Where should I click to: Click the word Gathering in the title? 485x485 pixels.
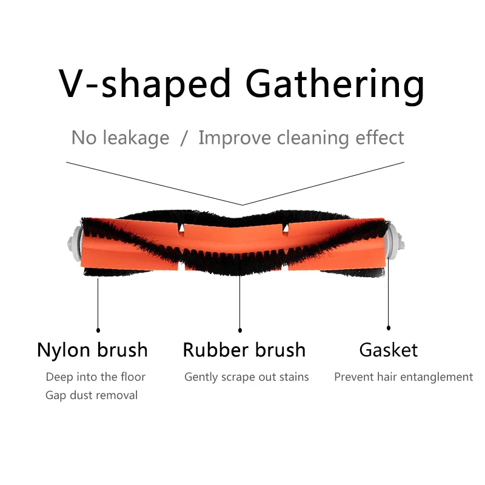pyautogui.click(x=336, y=84)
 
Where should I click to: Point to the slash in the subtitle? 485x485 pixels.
pyautogui.click(x=184, y=138)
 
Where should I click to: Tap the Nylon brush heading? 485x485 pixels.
pyautogui.click(x=92, y=350)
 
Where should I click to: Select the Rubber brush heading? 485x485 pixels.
pyautogui.click(x=244, y=350)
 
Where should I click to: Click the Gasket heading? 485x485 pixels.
pyautogui.click(x=389, y=350)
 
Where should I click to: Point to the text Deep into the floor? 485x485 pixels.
pyautogui.click(x=96, y=377)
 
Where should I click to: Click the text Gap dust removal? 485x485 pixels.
pyautogui.click(x=92, y=395)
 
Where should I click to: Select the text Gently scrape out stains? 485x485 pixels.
pyautogui.click(x=247, y=377)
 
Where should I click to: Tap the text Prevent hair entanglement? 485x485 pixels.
pyautogui.click(x=403, y=377)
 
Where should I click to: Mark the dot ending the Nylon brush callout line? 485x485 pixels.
pyautogui.click(x=98, y=330)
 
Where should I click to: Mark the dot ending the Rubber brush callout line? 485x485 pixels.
pyautogui.click(x=240, y=330)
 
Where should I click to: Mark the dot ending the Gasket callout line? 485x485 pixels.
pyautogui.click(x=389, y=330)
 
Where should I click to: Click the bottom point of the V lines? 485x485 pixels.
pyautogui.click(x=242, y=205)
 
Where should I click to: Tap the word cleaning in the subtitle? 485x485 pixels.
pyautogui.click(x=316, y=138)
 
